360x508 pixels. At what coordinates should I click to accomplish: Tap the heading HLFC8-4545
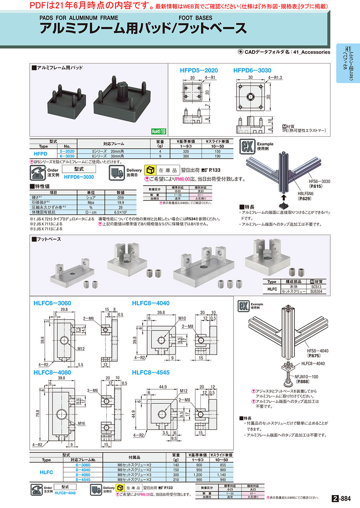point(151,372)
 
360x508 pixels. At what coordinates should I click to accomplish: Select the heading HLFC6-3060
point(52,303)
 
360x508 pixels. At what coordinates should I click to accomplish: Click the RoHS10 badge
point(158,131)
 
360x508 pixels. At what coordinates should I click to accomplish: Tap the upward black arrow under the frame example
point(283,197)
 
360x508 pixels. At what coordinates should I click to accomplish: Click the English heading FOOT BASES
point(195,18)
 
